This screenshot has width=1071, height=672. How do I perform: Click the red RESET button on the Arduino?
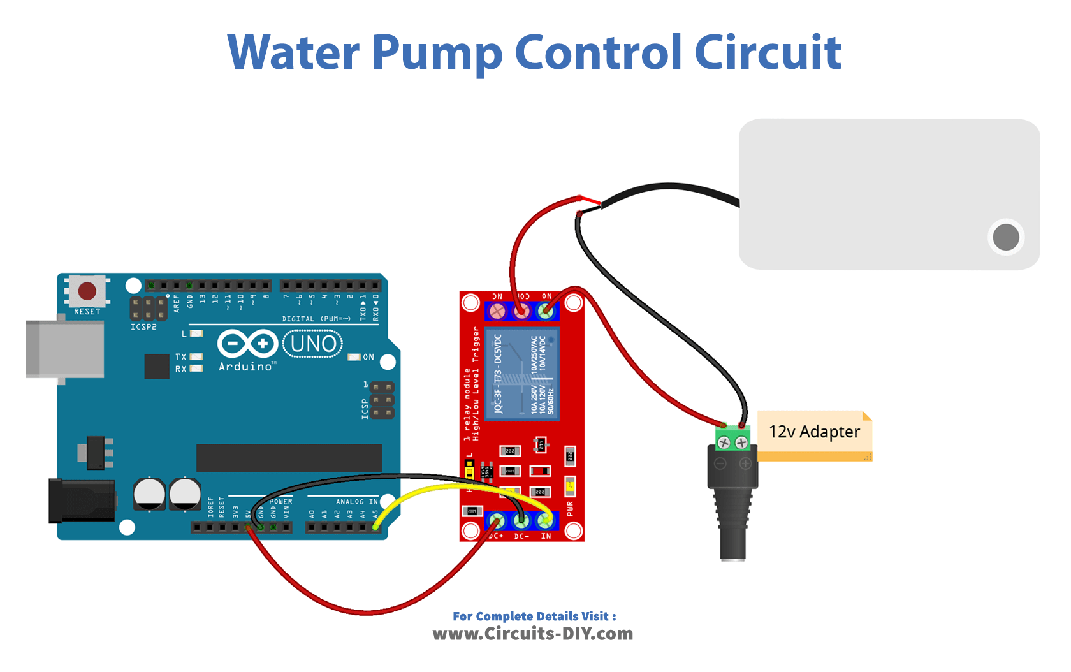(87, 291)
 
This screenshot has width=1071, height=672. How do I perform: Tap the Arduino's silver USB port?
(64, 349)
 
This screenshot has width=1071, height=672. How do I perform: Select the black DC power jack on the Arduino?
(81, 501)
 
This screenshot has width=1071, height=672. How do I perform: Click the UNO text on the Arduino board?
(313, 344)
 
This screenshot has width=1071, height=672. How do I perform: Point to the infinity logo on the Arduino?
(247, 344)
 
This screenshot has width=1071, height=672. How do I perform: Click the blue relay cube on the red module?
(521, 374)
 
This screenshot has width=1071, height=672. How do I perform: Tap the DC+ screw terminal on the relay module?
(497, 521)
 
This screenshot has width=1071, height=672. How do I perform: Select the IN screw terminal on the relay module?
(545, 521)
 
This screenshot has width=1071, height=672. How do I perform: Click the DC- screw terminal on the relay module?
(521, 521)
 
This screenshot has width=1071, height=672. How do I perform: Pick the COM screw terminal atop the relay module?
(521, 311)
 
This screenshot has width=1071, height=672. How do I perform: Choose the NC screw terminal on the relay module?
(497, 311)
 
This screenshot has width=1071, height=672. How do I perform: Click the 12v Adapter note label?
(814, 433)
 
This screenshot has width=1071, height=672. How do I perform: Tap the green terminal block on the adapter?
(732, 439)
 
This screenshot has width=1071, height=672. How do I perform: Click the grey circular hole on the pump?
(1006, 237)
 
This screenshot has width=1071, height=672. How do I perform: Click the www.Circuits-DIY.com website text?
(533, 634)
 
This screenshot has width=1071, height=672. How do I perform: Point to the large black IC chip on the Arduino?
(289, 458)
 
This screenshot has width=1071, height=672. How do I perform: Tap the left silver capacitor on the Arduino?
(149, 494)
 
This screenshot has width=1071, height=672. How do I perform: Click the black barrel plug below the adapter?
(733, 510)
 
